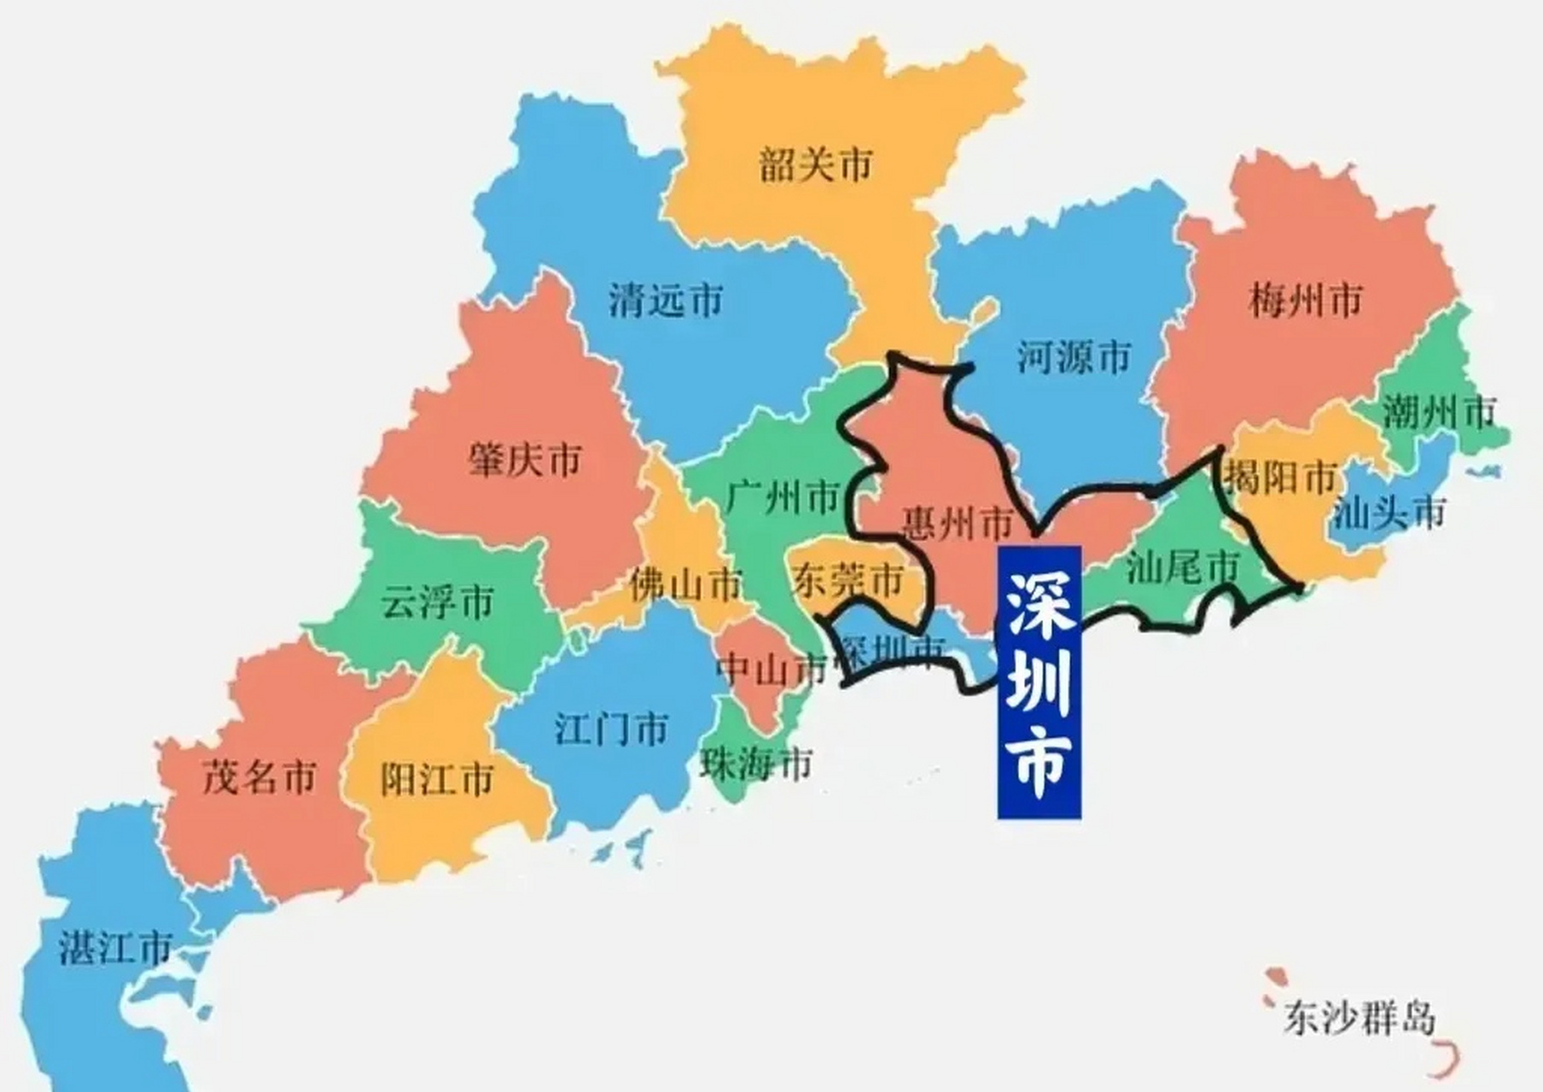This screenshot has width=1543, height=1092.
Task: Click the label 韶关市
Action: click(x=816, y=164)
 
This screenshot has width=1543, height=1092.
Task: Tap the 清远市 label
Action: click(x=666, y=300)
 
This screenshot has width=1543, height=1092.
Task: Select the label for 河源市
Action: click(x=1074, y=357)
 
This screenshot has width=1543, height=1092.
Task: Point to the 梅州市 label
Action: click(x=1306, y=300)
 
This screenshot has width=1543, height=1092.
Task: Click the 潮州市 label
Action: click(x=1439, y=413)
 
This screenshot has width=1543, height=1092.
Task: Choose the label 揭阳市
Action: click(x=1280, y=478)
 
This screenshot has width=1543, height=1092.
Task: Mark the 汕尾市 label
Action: click(x=1183, y=567)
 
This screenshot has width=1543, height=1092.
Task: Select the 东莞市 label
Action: click(x=847, y=581)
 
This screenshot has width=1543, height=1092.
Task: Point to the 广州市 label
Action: click(x=783, y=497)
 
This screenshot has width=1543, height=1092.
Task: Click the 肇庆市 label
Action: click(x=524, y=461)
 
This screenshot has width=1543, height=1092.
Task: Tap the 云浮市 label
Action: click(x=437, y=602)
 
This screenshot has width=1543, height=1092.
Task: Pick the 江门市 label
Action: click(x=611, y=729)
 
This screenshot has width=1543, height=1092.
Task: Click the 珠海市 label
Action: click(x=756, y=764)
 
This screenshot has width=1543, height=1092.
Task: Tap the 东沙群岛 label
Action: click(x=1359, y=1018)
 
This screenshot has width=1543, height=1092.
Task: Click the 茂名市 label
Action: click(x=259, y=777)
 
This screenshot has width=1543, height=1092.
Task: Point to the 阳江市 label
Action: click(x=437, y=780)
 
